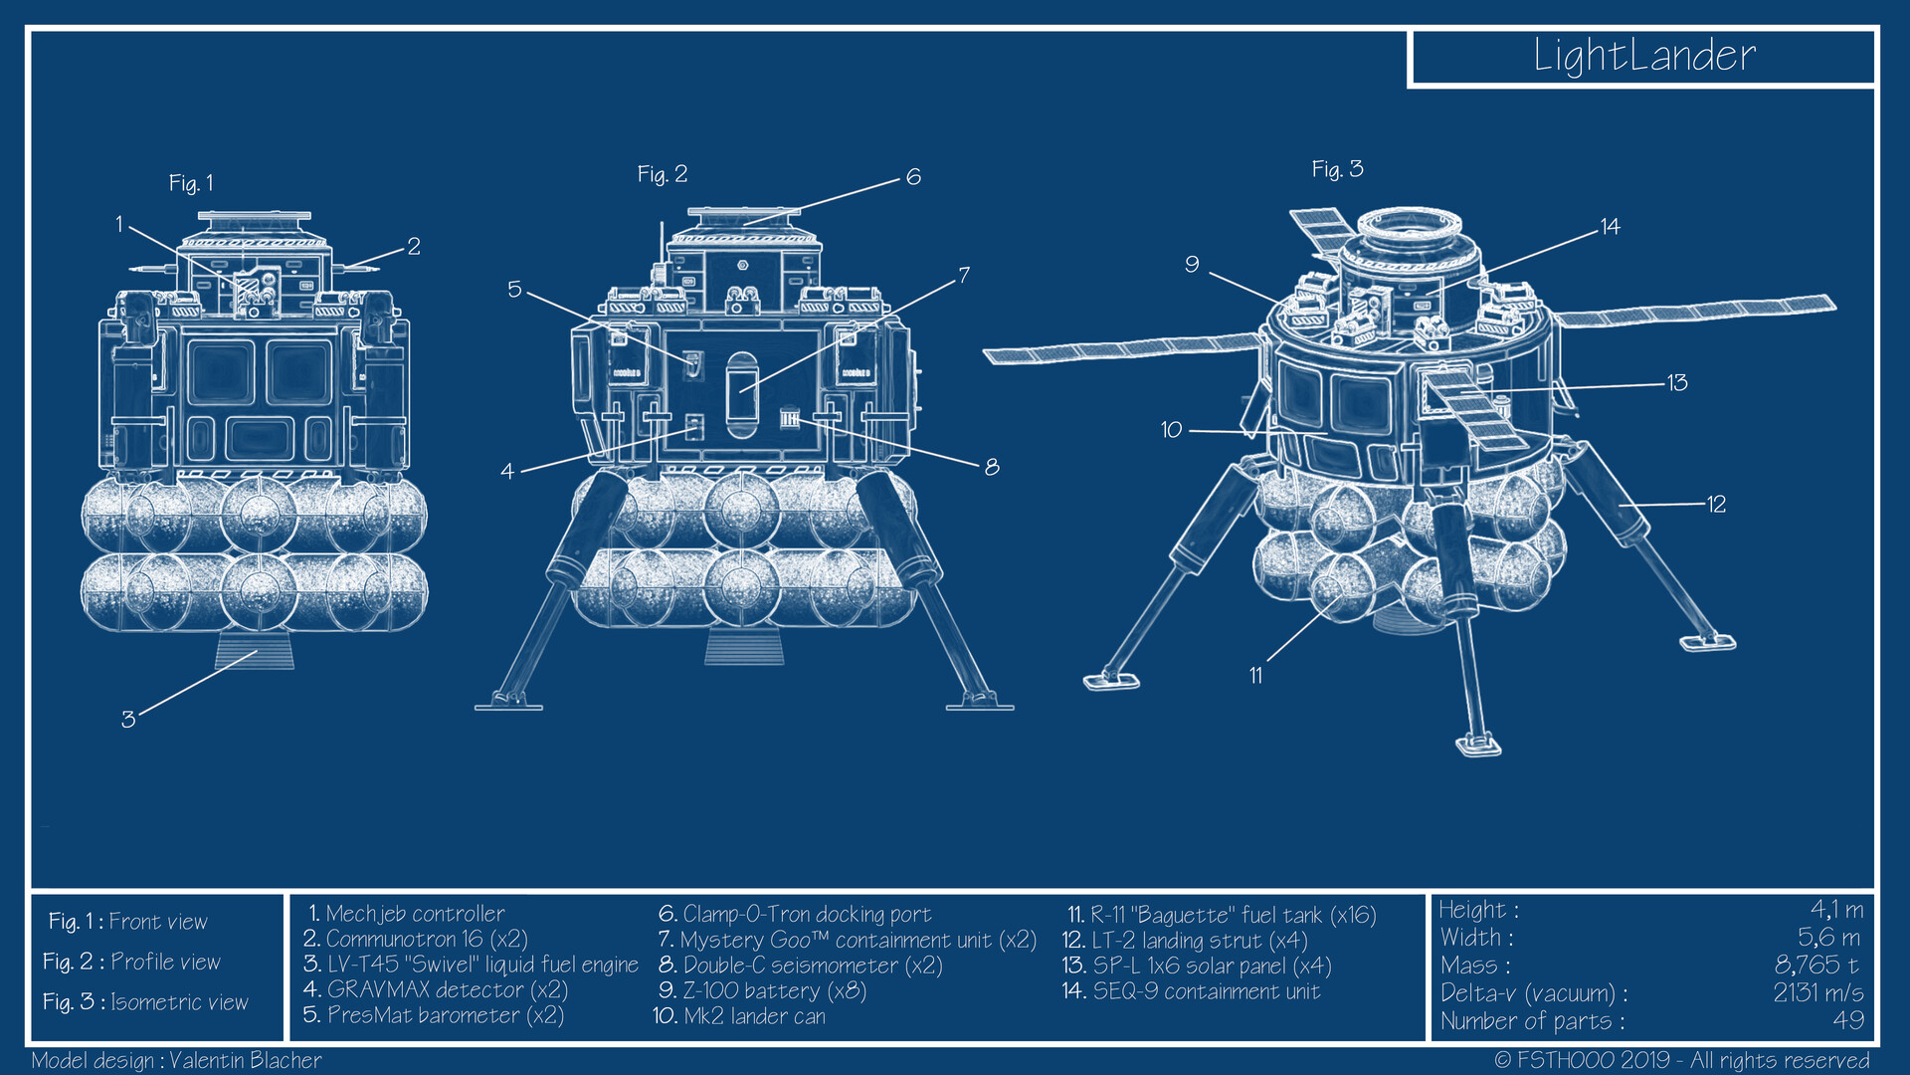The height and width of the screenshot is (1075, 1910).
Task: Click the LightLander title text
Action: [1643, 56]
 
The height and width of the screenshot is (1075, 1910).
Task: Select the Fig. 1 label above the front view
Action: [191, 183]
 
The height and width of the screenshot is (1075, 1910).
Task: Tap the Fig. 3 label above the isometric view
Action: [1337, 169]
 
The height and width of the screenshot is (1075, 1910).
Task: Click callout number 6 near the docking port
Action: [913, 177]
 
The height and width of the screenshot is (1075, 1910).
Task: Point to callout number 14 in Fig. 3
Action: [1610, 227]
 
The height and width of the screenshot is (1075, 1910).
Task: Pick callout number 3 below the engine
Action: [128, 720]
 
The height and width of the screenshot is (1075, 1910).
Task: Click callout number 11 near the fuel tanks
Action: [1255, 676]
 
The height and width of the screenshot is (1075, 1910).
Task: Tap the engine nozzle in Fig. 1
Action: [255, 652]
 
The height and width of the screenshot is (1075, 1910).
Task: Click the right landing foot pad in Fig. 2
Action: [980, 704]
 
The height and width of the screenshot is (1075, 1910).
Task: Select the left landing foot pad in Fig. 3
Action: [1111, 681]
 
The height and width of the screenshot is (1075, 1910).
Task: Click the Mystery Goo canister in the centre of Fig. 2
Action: [741, 394]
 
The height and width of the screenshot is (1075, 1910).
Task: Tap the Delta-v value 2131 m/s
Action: [1817, 993]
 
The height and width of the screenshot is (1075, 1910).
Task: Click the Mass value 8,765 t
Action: [1816, 966]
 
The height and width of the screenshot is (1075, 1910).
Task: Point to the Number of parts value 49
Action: [1847, 1020]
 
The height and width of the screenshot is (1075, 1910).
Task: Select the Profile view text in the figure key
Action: [165, 962]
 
